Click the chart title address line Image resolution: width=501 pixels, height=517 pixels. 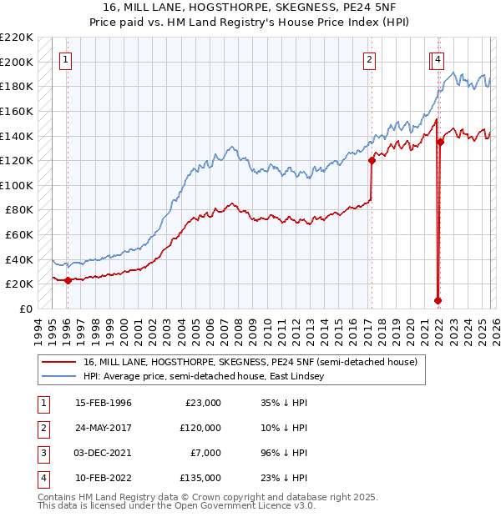click(250, 8)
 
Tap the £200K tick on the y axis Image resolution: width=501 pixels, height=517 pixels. click(17, 62)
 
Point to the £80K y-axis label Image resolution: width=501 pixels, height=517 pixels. click(19, 210)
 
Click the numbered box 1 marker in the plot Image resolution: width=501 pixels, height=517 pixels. click(66, 59)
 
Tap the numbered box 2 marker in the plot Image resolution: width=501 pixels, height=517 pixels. click(369, 59)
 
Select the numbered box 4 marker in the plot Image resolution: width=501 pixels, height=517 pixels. click(438, 59)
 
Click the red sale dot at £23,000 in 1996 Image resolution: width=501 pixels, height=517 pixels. click(68, 280)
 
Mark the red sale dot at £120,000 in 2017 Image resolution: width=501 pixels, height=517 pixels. click(372, 161)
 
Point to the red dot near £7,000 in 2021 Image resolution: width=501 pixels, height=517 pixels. click(438, 300)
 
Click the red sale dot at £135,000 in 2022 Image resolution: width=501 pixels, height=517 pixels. click(440, 142)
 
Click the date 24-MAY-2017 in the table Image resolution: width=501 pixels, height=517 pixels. click(104, 427)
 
